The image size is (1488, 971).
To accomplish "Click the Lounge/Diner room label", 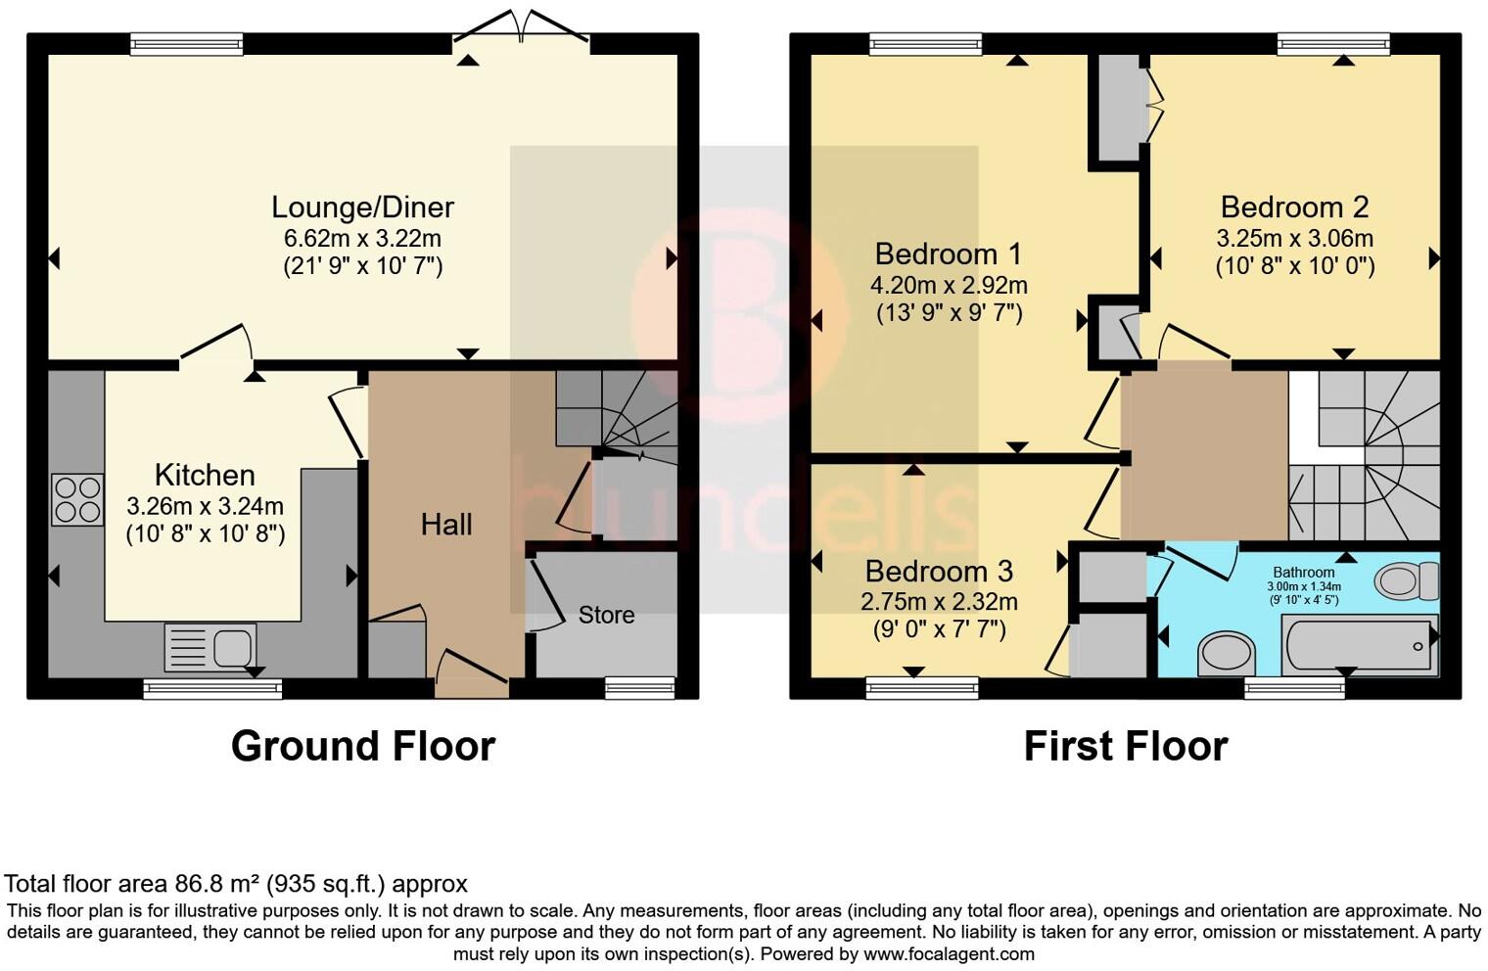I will click(x=362, y=208).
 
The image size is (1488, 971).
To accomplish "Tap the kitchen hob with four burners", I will click(x=77, y=499).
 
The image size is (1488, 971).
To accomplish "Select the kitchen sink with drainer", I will click(x=210, y=647).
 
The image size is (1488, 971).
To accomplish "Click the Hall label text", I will click(x=446, y=525).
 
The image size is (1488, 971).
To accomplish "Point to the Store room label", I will click(x=606, y=615).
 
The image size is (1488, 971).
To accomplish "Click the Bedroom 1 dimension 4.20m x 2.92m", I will click(x=948, y=285).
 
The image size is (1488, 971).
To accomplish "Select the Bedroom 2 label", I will click(x=1294, y=208).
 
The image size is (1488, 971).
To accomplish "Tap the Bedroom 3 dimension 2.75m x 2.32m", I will click(x=938, y=602).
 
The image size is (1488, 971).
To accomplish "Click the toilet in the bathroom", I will click(x=1406, y=580).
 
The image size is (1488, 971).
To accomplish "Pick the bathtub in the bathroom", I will click(x=1358, y=646).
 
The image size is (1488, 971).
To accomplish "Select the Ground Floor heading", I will click(x=362, y=746).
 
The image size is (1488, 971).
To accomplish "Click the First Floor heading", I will click(x=1125, y=746).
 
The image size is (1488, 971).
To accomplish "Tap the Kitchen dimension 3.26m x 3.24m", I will click(x=205, y=506).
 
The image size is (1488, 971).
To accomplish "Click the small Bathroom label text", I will click(x=1303, y=573).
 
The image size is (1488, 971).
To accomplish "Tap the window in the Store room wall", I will click(x=639, y=688).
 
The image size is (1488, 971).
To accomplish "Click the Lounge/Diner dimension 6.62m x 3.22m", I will click(x=362, y=238).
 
